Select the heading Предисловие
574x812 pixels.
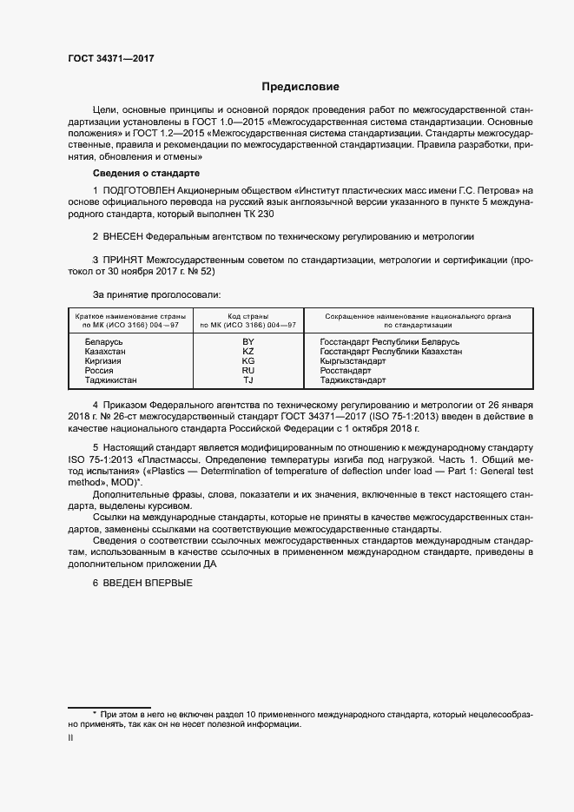point(300,87)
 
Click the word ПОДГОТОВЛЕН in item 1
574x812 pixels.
point(142,189)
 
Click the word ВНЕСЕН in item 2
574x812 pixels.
point(124,236)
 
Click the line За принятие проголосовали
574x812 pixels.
point(155,294)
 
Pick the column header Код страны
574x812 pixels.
point(248,316)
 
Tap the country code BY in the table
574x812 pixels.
point(248,343)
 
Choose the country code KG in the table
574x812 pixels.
point(248,361)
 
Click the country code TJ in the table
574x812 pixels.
point(248,380)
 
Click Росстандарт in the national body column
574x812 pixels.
point(346,371)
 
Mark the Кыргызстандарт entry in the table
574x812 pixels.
point(353,361)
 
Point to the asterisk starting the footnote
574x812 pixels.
point(95,713)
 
